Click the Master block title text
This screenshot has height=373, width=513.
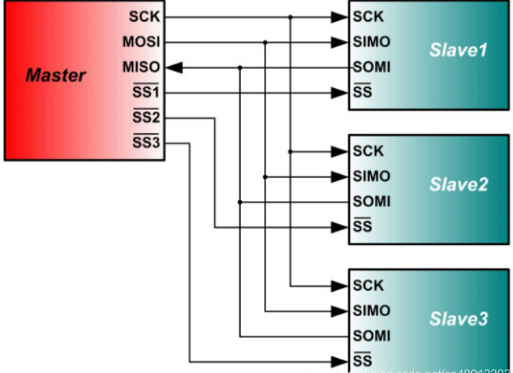pos(55,75)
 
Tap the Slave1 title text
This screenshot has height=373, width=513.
pos(458,51)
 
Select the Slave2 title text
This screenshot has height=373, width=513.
pos(458,185)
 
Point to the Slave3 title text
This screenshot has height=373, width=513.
pos(458,319)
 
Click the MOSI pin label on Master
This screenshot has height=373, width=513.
pos(142,42)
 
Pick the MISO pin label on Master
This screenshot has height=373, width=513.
pos(142,67)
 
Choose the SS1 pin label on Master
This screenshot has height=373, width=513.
pos(147,93)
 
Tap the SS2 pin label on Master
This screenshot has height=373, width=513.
pos(147,117)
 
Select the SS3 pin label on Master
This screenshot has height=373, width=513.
pos(147,142)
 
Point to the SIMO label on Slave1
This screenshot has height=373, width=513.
pos(372,42)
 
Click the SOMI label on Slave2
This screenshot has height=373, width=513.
pos(372,202)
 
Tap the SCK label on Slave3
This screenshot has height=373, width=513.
pos(369,285)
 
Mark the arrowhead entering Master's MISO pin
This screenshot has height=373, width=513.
pos(173,67)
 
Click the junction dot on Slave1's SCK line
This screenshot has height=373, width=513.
pos(290,16)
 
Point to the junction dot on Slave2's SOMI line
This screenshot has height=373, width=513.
pos(240,202)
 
